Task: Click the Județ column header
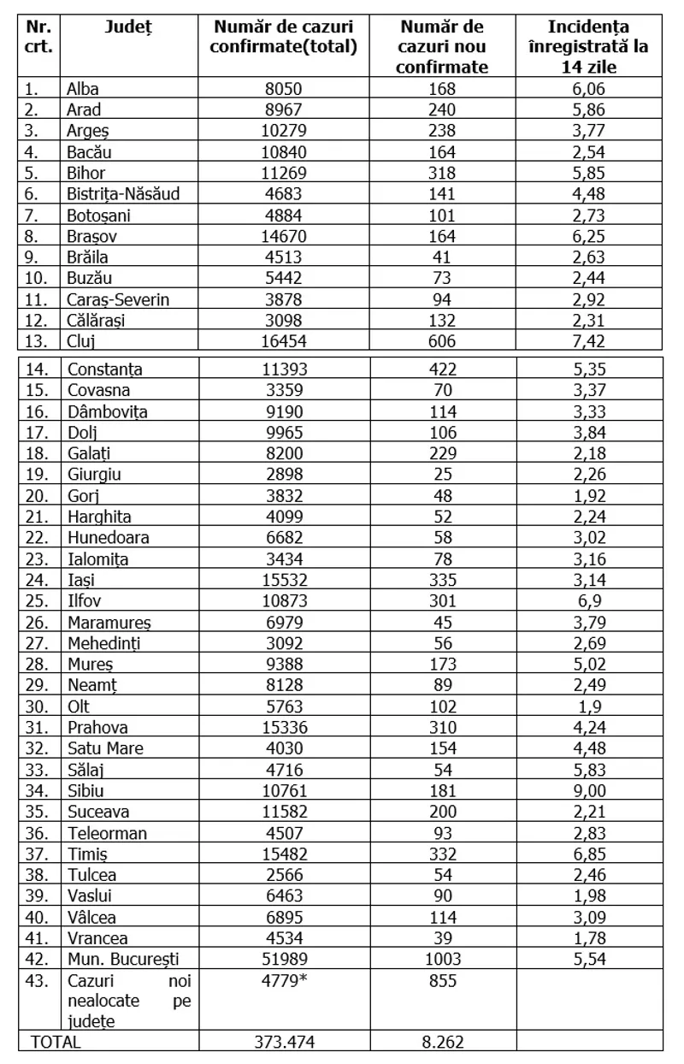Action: (x=128, y=27)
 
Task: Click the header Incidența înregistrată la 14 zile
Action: (x=590, y=47)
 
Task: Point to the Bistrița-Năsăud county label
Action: (x=123, y=192)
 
